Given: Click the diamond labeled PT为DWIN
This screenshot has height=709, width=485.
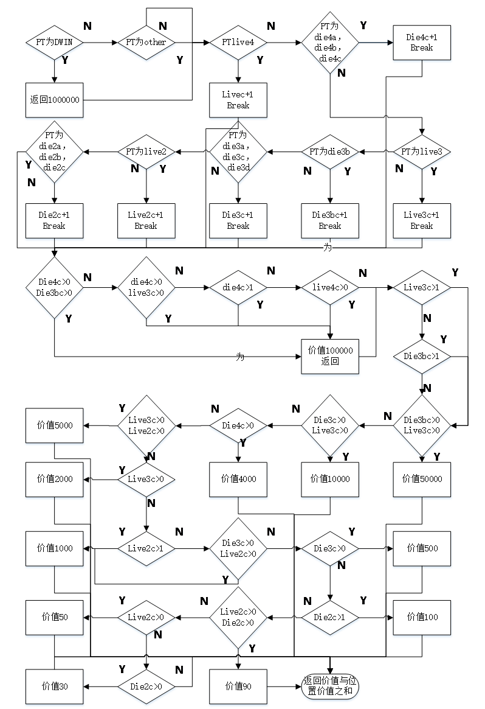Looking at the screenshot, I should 55,43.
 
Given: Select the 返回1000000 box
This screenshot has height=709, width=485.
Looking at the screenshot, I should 55,100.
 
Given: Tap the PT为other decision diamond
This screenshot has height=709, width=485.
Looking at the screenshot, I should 146,43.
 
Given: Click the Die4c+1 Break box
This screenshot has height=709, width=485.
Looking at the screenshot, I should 422,43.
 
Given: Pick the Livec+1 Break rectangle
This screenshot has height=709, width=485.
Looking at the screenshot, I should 238,100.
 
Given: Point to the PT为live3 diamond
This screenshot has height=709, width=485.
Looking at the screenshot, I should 422,152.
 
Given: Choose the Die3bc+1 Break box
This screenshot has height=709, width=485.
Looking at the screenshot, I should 330,220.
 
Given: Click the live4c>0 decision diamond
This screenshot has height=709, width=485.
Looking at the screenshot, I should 330,287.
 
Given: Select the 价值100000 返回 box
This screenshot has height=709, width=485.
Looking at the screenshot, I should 330,356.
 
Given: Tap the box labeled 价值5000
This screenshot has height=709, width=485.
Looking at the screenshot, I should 55,425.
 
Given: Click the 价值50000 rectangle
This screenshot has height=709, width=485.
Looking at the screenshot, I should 422,479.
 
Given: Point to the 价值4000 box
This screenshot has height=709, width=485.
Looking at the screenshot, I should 238,479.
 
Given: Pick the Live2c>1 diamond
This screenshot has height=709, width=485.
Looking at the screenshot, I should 146,548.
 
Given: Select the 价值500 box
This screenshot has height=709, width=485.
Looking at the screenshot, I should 422,548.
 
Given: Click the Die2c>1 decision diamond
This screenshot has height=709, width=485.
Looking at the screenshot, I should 330,617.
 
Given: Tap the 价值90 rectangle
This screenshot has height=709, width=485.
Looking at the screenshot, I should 238,686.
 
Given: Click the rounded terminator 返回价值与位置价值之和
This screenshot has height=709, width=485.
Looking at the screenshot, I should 330,686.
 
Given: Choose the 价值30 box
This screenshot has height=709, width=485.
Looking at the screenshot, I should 55,686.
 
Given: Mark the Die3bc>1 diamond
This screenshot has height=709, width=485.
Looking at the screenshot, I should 422,356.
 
